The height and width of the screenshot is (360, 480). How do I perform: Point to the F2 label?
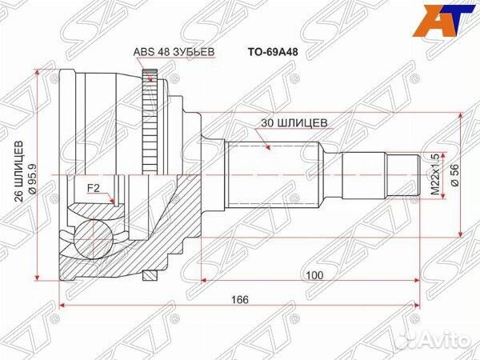point(93,188)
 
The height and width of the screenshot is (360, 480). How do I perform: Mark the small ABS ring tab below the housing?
point(148,276)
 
